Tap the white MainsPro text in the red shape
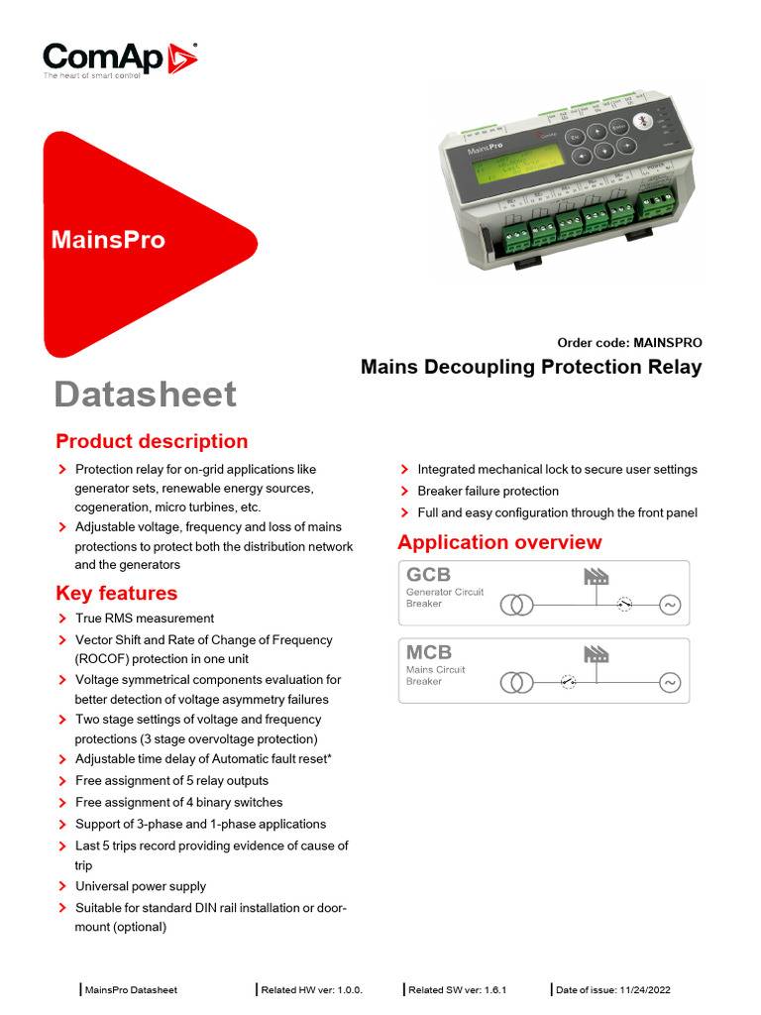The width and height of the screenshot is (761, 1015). pyautogui.click(x=108, y=240)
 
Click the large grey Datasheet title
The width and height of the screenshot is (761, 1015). pyautogui.click(x=145, y=395)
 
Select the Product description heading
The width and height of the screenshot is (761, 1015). pyautogui.click(x=152, y=442)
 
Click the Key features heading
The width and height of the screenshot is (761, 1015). pyautogui.click(x=116, y=594)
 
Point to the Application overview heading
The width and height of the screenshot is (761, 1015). pyautogui.click(x=498, y=542)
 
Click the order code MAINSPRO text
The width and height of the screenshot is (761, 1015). pyautogui.click(x=629, y=343)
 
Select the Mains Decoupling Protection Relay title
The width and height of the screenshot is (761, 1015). pyautogui.click(x=530, y=368)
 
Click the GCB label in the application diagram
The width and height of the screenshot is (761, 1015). pyautogui.click(x=428, y=575)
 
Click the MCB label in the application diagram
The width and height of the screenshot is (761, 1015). pyautogui.click(x=428, y=652)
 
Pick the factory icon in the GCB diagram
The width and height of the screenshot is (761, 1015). pyautogui.click(x=596, y=576)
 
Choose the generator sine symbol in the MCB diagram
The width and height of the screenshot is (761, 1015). pyautogui.click(x=669, y=682)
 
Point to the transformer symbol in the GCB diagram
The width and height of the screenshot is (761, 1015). pyautogui.click(x=515, y=605)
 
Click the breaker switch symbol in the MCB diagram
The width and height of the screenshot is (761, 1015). pyautogui.click(x=568, y=682)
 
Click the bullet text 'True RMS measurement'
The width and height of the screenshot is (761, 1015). pyautogui.click(x=145, y=619)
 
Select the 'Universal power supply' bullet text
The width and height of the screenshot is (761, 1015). pyautogui.click(x=141, y=887)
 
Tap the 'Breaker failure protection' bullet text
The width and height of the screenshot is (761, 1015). pyautogui.click(x=488, y=492)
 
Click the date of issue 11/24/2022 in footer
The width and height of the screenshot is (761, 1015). pyautogui.click(x=613, y=990)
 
